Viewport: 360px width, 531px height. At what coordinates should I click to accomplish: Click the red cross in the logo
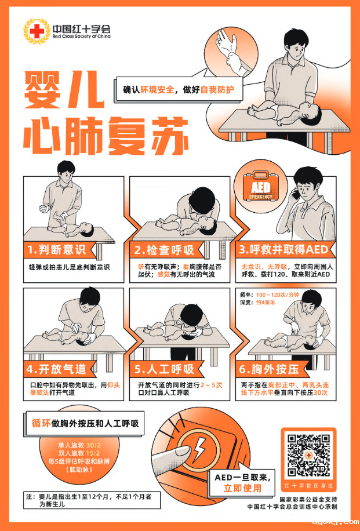37,31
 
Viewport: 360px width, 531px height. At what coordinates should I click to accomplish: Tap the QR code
308,456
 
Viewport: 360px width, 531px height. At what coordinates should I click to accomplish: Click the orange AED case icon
261,186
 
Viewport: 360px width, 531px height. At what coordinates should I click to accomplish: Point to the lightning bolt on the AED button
199,449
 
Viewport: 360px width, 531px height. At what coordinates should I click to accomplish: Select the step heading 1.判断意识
57,250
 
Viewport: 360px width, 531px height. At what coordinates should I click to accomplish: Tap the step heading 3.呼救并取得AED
283,250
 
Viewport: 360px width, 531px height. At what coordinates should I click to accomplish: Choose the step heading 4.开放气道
57,369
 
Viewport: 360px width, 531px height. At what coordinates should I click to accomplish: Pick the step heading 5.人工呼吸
164,369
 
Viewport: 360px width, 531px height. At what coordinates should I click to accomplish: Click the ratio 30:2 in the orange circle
93,445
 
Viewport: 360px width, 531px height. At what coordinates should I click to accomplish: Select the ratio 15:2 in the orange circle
93,453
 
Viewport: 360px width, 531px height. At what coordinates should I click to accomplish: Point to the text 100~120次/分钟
277,294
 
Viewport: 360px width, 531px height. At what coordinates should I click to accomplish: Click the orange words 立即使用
242,488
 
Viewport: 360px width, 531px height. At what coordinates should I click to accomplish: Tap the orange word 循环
41,423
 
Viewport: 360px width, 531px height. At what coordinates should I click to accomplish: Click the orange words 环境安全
157,90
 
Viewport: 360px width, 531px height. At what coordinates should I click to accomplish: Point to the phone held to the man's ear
296,194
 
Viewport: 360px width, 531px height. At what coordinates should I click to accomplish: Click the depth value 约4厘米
266,303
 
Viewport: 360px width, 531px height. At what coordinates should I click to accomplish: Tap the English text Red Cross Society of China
81,37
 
